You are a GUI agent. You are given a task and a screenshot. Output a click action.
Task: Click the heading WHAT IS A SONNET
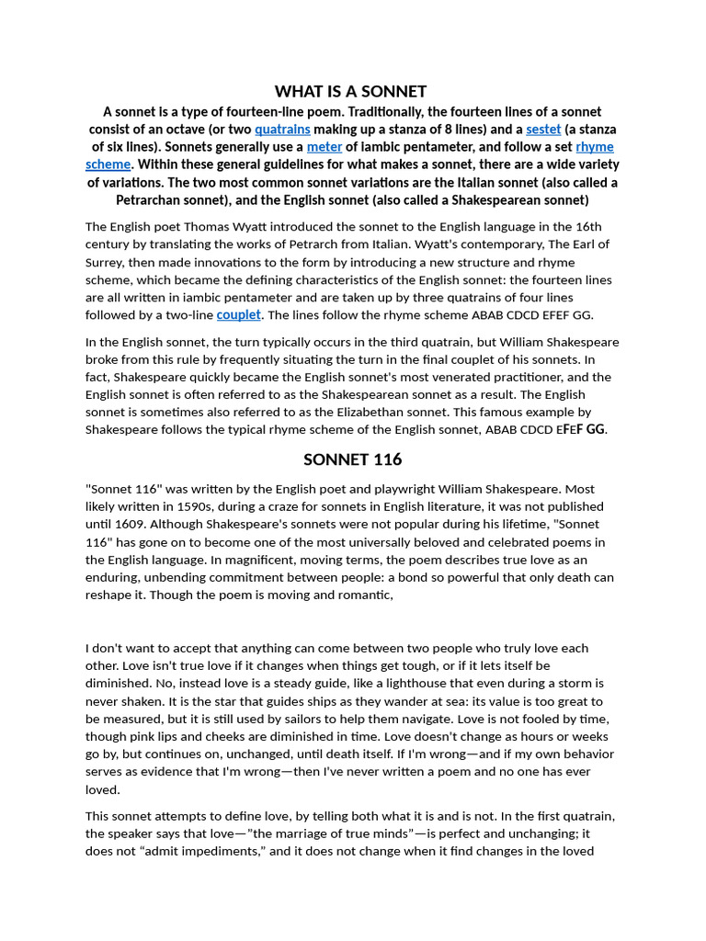coord(351,91)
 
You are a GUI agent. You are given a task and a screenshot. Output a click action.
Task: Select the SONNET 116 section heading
coord(352,459)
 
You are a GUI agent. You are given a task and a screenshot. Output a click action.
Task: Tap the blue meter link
coord(324,146)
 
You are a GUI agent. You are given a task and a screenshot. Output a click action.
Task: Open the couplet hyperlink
coord(239,314)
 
